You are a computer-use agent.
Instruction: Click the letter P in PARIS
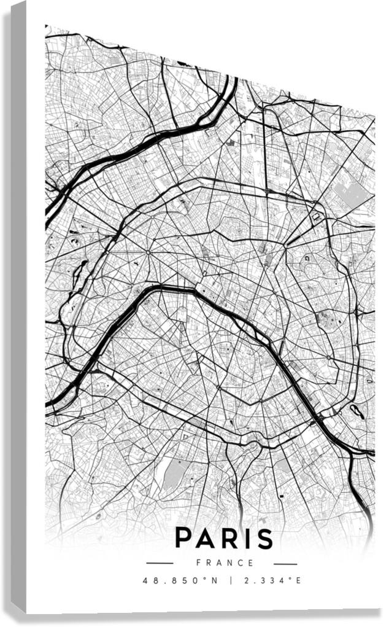185,538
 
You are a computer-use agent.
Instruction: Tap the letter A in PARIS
208,538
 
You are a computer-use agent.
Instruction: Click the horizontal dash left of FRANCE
160,563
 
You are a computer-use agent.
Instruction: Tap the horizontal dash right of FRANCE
285,563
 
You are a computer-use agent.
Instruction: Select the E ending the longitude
299,580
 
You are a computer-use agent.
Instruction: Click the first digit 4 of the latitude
145,580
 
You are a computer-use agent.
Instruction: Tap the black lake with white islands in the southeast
356,411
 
